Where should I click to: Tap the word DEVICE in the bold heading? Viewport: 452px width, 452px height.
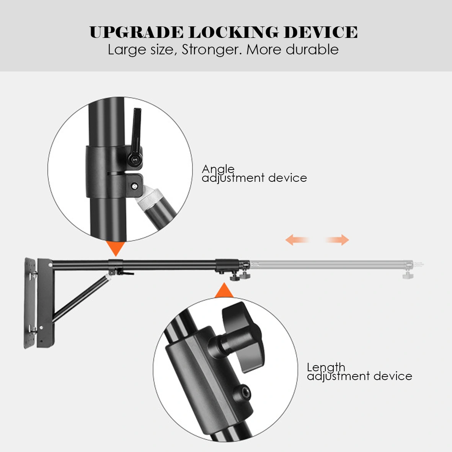pos(320,33)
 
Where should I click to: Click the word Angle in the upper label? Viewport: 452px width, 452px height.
pos(218,169)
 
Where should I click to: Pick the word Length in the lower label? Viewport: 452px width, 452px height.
pos(326,367)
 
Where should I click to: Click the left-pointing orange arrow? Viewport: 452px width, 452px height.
pos(297,240)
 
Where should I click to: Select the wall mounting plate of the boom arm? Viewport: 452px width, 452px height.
pos(30,302)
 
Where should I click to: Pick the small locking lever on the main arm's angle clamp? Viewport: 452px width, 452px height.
pos(124,273)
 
